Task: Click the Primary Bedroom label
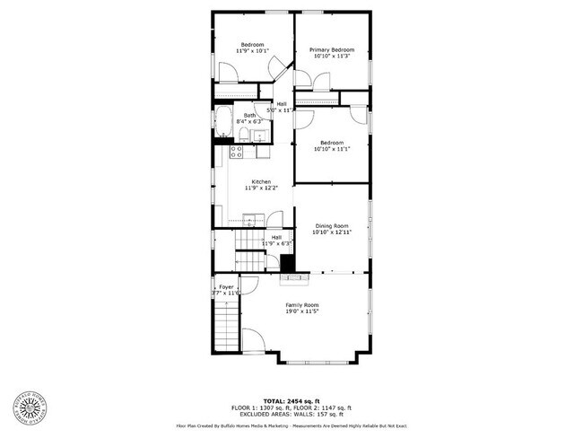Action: tap(332, 49)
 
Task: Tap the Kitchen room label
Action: tap(261, 181)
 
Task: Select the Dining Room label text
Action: tap(331, 225)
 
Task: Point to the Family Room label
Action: tap(302, 305)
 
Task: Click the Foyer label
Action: tap(226, 287)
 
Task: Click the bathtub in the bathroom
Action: tap(223, 124)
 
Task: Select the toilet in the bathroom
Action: tap(243, 136)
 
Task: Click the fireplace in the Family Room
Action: tap(296, 278)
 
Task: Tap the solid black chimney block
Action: tap(288, 264)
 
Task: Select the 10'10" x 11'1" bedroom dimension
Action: tap(331, 150)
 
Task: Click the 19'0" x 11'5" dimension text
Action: tap(302, 312)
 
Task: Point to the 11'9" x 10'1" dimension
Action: tap(252, 52)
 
